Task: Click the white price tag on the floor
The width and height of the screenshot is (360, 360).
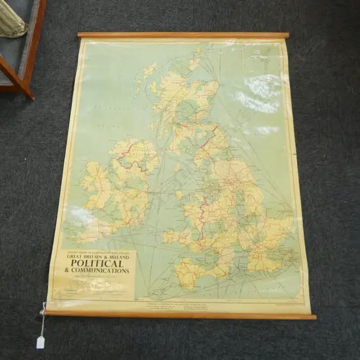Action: click(x=41, y=341)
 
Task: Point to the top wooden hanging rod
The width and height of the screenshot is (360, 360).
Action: click(x=183, y=35)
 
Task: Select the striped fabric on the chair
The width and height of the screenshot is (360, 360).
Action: click(x=11, y=23)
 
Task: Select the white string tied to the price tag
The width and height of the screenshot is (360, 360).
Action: click(x=43, y=321)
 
